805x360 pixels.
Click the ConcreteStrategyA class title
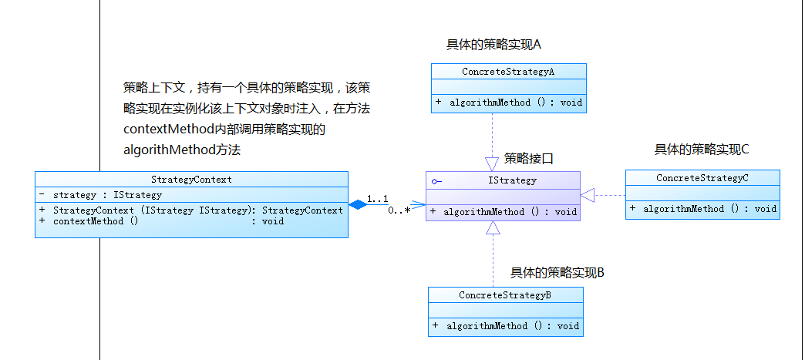(x=508, y=72)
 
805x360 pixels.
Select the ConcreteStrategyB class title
(x=505, y=295)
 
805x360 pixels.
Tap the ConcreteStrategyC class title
(x=702, y=178)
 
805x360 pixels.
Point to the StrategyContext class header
(x=192, y=180)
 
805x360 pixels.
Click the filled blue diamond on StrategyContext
(x=356, y=204)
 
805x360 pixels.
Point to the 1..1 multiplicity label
(x=377, y=198)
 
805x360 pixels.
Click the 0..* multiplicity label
(x=399, y=210)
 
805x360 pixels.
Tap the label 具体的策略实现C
(x=702, y=150)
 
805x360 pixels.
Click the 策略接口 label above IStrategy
(x=529, y=159)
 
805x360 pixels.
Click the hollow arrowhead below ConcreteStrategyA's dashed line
(x=492, y=163)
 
